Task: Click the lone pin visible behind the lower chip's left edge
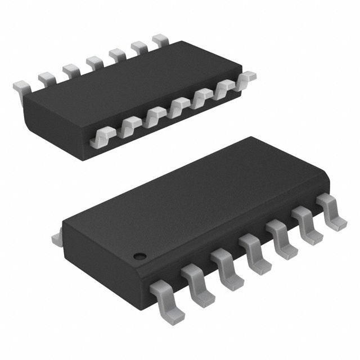(56, 239)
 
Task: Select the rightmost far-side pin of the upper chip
(160, 39)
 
